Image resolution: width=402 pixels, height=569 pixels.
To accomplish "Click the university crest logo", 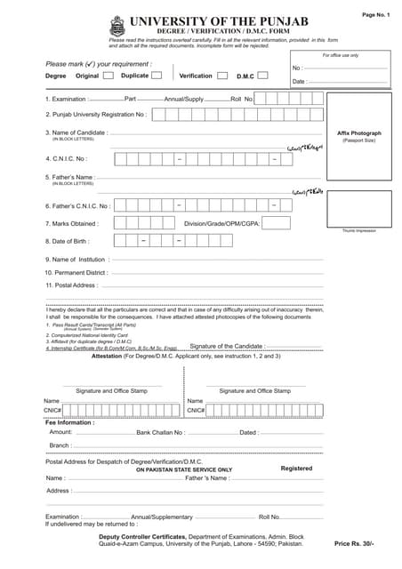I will coord(117,27).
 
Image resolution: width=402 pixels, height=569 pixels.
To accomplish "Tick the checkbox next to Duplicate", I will coord(157,76).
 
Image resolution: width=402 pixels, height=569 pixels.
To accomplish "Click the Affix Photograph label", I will coord(358,132).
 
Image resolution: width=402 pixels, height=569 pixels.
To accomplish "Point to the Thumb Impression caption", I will coord(358,230).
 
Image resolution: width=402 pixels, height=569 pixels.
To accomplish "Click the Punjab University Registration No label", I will coord(96,115).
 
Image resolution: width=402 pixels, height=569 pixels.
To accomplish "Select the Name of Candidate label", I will coord(76,132).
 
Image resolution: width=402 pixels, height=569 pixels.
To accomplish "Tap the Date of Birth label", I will coord(68,241).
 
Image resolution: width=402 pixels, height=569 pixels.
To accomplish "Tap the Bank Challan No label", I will coord(161,432).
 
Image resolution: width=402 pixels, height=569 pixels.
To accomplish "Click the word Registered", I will coord(296,469).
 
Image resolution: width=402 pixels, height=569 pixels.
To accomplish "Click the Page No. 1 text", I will coord(375,15).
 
